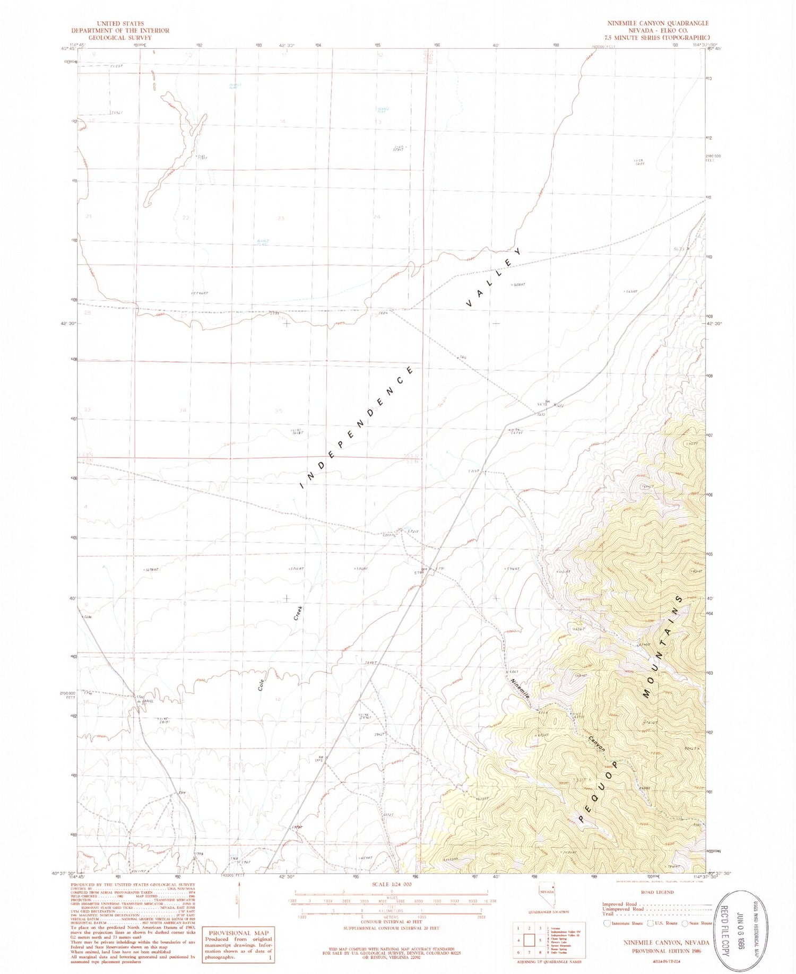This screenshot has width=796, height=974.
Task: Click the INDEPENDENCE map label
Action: (x=357, y=427)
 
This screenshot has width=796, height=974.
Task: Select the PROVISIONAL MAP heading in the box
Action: (x=238, y=933)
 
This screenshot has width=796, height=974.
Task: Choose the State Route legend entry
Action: (x=700, y=924)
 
